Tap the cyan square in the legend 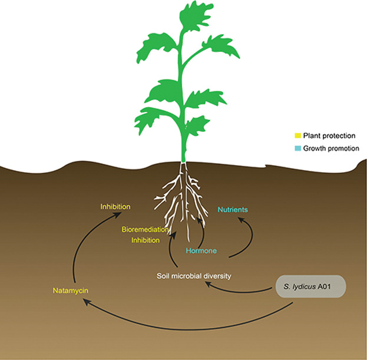[x=297, y=148]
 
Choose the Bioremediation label [x=145, y=229]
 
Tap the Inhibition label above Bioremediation [x=115, y=207]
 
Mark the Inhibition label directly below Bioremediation [x=145, y=240]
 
